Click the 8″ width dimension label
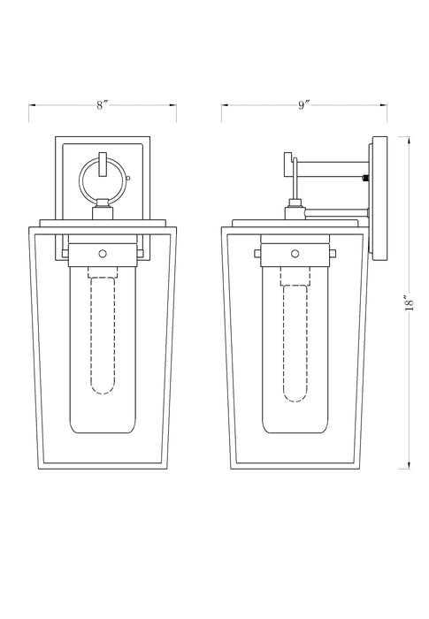[103, 105]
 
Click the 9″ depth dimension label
[303, 105]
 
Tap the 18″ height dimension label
[410, 302]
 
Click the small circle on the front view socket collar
[103, 254]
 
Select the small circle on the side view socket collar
[295, 254]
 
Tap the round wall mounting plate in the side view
[379, 198]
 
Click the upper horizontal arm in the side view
[333, 169]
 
